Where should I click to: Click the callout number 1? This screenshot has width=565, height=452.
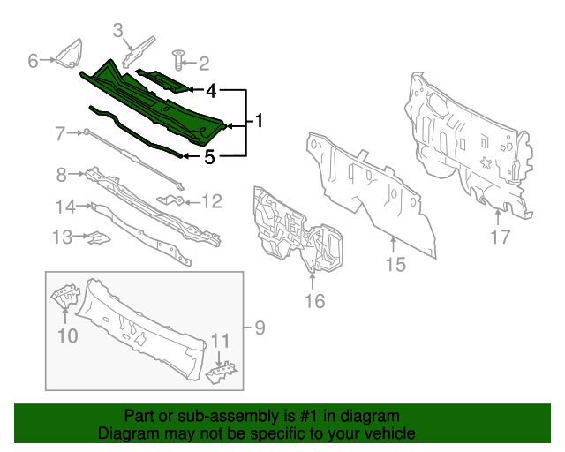pos(260,120)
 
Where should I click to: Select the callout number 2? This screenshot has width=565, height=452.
pos(204,63)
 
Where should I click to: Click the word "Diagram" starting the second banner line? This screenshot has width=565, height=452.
pos(123,434)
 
